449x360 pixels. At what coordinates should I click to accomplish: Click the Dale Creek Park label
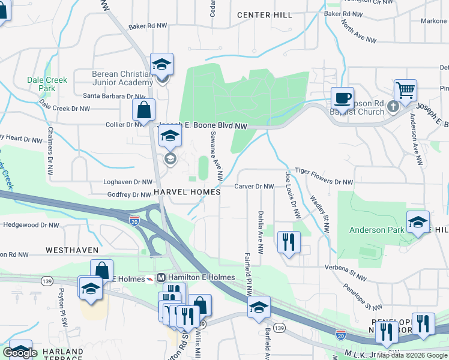(47, 83)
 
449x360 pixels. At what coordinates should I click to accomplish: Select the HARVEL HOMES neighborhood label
(187, 191)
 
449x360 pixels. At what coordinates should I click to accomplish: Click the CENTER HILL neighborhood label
(264, 15)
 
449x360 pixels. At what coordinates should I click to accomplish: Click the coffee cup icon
(342, 98)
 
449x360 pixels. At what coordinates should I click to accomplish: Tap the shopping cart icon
(406, 91)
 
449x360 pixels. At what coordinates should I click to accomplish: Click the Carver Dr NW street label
(254, 187)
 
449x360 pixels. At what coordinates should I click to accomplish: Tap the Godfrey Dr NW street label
(128, 194)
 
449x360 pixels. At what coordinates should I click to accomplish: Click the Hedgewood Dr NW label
(31, 225)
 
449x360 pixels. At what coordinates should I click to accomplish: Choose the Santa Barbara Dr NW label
(114, 95)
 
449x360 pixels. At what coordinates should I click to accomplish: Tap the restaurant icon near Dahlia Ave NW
(289, 242)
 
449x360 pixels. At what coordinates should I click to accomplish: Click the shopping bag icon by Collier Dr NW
(144, 110)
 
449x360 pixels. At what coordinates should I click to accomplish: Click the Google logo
(20, 353)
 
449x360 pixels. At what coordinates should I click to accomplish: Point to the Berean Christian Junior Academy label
(122, 78)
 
